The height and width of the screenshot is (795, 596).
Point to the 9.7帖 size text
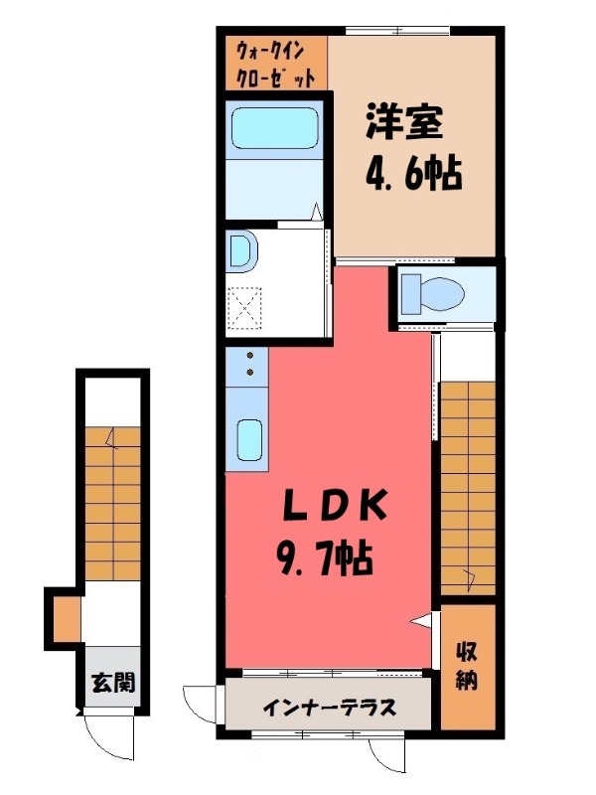[x=323, y=556]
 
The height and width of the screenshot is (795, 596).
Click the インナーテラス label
[x=330, y=708]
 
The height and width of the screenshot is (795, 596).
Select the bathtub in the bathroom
[x=272, y=130]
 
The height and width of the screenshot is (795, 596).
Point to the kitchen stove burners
[x=247, y=366]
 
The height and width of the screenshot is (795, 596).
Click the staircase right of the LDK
[x=467, y=487]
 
